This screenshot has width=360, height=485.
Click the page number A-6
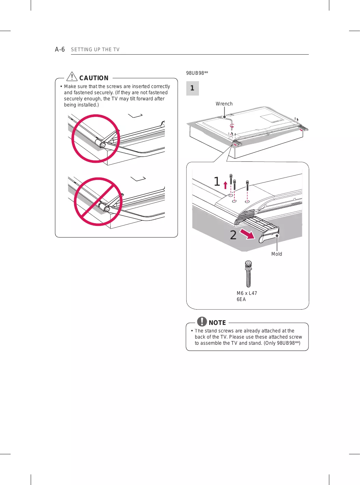[x=60, y=49]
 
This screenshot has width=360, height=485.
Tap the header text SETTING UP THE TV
[x=95, y=49]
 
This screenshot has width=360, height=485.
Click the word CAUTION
[x=94, y=78]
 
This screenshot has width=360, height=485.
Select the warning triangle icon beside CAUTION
[x=72, y=76]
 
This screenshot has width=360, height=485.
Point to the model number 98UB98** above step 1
[x=197, y=73]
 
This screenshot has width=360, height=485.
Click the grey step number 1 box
[x=192, y=88]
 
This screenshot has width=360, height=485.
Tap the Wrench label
[x=224, y=104]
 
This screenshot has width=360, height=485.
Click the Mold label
[x=276, y=254]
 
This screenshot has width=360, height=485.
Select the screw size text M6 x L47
[x=247, y=293]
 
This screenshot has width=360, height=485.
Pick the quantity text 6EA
[x=241, y=299]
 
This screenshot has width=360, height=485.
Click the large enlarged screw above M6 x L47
[x=248, y=274]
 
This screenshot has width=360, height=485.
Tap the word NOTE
[x=217, y=323]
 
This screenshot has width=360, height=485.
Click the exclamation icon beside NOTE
[x=202, y=322]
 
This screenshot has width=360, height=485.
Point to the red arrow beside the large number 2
[x=247, y=234]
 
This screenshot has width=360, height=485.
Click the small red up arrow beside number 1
[x=225, y=185]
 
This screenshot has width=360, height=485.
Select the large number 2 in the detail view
[x=233, y=235]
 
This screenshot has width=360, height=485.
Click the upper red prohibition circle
[x=96, y=139]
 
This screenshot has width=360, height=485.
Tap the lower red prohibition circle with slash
[x=98, y=202]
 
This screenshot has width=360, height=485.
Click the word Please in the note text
[x=237, y=337]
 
